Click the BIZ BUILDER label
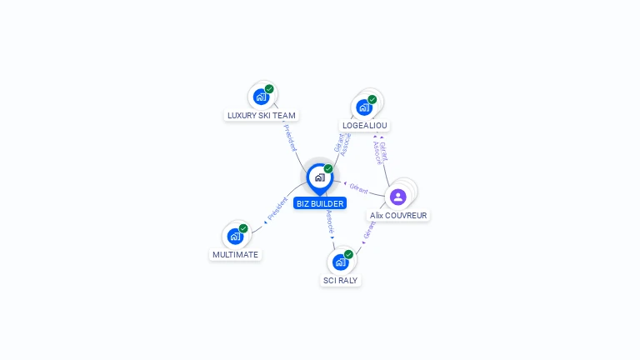click(x=319, y=203)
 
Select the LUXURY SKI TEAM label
click(x=261, y=116)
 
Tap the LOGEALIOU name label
click(x=364, y=126)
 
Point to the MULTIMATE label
click(x=235, y=255)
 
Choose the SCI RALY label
click(x=340, y=281)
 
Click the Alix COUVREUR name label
click(x=398, y=215)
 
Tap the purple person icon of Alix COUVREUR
click(x=398, y=197)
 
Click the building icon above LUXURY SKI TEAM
click(x=261, y=97)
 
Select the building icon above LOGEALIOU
click(x=363, y=107)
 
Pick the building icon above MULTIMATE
click(x=235, y=237)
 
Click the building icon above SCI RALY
click(x=340, y=262)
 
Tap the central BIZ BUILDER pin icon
click(x=319, y=177)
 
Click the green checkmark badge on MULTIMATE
click(x=243, y=228)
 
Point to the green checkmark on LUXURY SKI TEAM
click(x=269, y=88)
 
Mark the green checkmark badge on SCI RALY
click(x=348, y=254)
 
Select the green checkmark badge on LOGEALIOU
click(x=372, y=99)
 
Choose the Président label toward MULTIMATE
click(x=277, y=209)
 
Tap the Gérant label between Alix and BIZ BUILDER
click(x=358, y=187)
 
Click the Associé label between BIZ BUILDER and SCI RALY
click(x=330, y=222)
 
